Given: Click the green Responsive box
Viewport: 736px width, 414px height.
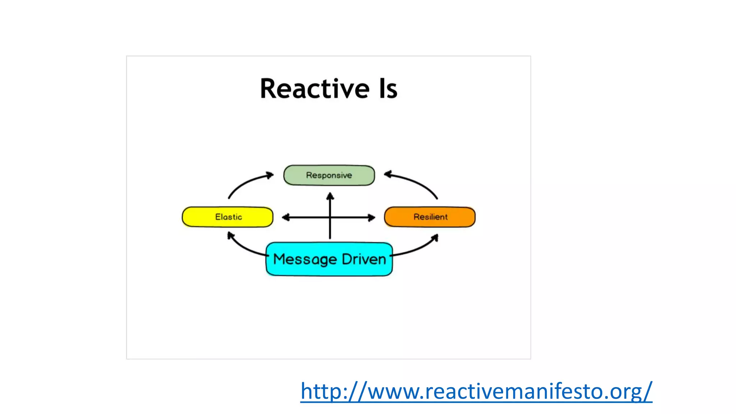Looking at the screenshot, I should [x=329, y=175].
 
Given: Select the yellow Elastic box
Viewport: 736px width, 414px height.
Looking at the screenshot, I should [x=227, y=217].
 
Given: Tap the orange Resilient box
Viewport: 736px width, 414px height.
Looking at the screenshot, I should [x=430, y=217].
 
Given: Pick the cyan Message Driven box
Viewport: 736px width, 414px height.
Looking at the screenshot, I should [x=329, y=259].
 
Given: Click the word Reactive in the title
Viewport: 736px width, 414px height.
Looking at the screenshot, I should [x=314, y=89].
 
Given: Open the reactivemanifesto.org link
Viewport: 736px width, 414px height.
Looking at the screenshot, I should [x=476, y=391].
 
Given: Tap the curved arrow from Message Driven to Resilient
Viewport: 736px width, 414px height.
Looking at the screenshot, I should [x=417, y=249].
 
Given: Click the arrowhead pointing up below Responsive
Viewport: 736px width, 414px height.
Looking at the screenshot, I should [x=330, y=196].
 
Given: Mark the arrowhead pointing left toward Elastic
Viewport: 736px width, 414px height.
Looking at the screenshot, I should [x=286, y=217].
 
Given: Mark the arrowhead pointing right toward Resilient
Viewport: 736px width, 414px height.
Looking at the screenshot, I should [x=372, y=217].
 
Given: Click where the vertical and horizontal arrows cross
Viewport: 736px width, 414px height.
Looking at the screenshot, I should [x=330, y=217].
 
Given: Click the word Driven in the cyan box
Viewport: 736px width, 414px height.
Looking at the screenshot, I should [x=364, y=259].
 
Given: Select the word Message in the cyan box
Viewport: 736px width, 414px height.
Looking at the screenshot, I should [x=305, y=259].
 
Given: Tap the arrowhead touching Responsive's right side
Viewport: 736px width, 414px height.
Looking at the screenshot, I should [x=387, y=175].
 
